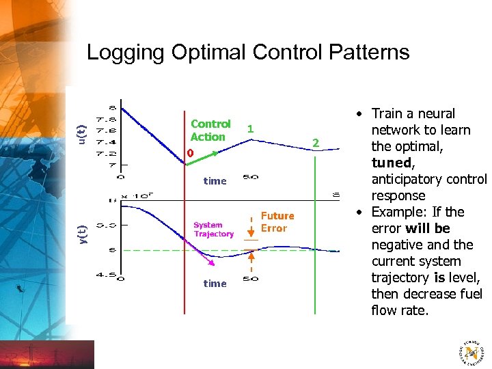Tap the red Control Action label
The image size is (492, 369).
[210, 130]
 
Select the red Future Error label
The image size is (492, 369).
[276, 222]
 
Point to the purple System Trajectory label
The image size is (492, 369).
[213, 230]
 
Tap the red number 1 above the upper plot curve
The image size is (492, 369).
[250, 128]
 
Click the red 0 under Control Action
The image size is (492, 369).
[191, 153]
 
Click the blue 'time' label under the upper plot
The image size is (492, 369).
[215, 181]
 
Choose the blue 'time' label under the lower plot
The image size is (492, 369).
[215, 284]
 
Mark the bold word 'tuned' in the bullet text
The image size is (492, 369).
[391, 163]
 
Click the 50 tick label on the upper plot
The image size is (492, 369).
[251, 178]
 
